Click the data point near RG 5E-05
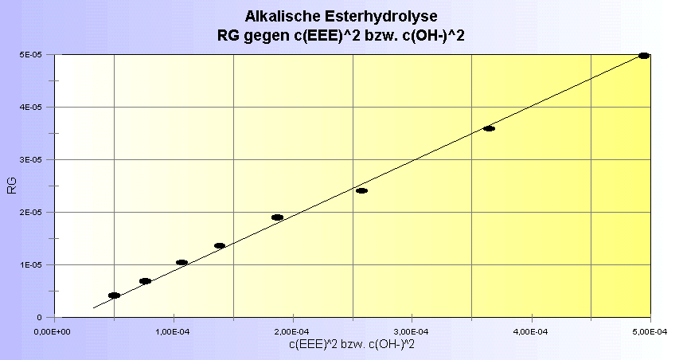click(x=644, y=56)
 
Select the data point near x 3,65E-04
click(x=489, y=128)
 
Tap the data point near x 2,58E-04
click(x=361, y=191)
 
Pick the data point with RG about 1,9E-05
click(x=277, y=217)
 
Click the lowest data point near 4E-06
click(x=114, y=295)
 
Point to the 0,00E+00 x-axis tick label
click(x=56, y=331)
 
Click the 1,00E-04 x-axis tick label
click(x=174, y=331)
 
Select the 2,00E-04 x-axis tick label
click(x=294, y=331)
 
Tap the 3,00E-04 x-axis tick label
click(x=412, y=331)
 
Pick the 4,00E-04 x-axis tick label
click(x=532, y=331)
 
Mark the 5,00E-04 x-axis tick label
click(x=650, y=331)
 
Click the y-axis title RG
click(x=12, y=186)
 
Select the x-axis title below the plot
click(x=353, y=343)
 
